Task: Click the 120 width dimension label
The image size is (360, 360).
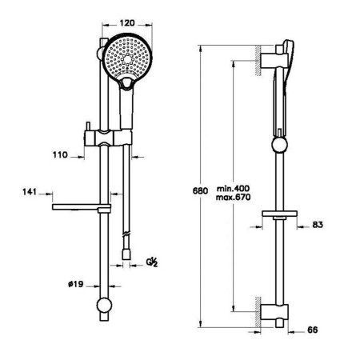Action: [x=127, y=23]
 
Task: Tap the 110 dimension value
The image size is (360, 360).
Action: [x=60, y=154]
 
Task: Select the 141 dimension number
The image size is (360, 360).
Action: [x=30, y=192]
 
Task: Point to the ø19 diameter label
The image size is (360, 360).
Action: [x=76, y=284]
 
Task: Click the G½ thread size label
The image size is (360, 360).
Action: [x=152, y=262]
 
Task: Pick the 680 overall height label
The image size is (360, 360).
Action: [x=200, y=191]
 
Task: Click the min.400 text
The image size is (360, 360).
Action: [x=234, y=189]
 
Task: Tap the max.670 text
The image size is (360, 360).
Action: [x=234, y=198]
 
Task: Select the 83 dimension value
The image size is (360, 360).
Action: [x=318, y=225]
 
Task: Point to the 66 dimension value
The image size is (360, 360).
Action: [x=313, y=330]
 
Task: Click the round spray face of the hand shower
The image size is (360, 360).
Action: [x=127, y=58]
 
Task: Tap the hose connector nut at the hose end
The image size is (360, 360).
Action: [x=126, y=254]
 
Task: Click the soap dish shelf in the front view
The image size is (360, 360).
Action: [x=82, y=207]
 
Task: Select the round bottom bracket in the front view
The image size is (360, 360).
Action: [x=104, y=305]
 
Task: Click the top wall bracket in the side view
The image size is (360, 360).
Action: [x=274, y=61]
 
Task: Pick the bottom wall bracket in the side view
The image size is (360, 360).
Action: [x=274, y=312]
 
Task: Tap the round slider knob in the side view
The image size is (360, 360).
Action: [x=279, y=145]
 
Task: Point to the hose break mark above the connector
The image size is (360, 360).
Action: [x=126, y=234]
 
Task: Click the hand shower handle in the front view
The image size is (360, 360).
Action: [x=126, y=109]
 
